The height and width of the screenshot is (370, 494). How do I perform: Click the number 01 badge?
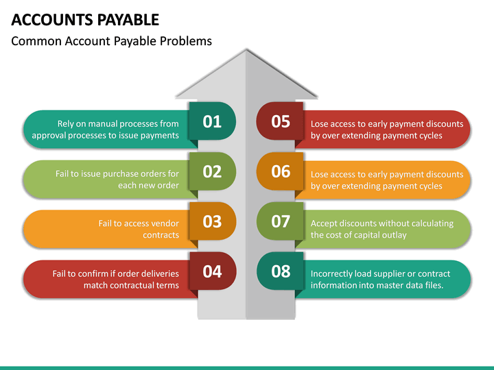point(212,122)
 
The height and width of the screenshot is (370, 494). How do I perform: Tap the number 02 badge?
point(212,171)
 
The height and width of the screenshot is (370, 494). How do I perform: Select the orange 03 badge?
point(212,221)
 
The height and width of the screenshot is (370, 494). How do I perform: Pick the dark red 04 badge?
point(212,271)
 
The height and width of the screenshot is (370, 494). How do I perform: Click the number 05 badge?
point(281,122)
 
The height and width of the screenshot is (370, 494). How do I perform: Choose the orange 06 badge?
point(281,171)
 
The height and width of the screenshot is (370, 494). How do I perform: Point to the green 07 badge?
point(281,221)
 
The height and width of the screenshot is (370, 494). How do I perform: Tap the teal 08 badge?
point(281,271)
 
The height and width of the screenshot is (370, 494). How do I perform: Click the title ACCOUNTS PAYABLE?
point(86,19)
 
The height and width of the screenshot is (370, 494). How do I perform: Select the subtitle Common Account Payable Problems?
point(112,41)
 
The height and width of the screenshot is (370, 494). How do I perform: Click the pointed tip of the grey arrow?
point(246,51)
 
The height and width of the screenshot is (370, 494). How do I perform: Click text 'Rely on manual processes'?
point(105,129)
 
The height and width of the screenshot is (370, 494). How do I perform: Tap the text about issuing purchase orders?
point(117,180)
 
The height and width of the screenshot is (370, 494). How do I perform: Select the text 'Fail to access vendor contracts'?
point(138,229)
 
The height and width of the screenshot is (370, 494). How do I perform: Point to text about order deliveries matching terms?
point(115,279)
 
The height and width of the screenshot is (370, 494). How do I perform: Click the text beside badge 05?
point(386,129)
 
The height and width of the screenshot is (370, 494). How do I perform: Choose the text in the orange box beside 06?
point(386,180)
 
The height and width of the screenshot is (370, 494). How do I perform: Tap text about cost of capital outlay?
point(381,229)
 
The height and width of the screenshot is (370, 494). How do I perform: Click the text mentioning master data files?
point(380,279)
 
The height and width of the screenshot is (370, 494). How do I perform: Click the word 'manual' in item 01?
point(104,124)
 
